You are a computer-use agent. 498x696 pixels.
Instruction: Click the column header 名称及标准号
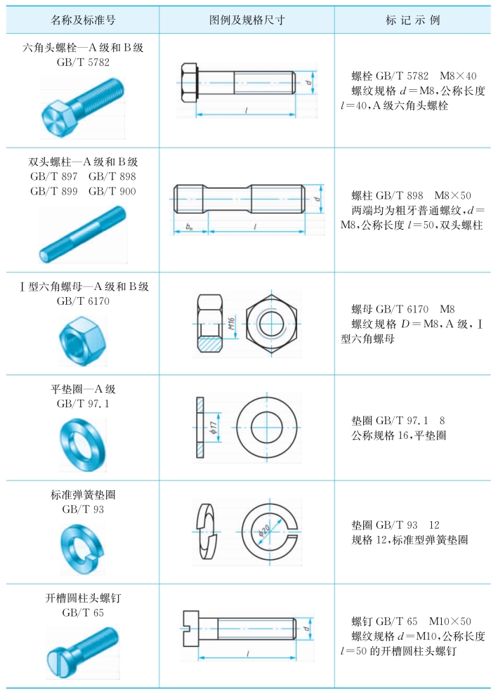tap(83, 20)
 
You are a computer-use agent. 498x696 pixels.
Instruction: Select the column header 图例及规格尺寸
tap(247, 20)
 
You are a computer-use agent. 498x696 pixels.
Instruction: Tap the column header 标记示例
tap(413, 20)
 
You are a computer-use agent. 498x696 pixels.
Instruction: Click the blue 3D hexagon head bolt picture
tap(83, 107)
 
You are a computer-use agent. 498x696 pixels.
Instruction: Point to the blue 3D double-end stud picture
tap(83, 235)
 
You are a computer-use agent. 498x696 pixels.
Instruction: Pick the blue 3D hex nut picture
tap(83, 341)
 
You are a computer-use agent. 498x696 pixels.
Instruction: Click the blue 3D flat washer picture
tap(83, 445)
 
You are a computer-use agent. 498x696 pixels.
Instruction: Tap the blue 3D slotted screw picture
tap(83, 652)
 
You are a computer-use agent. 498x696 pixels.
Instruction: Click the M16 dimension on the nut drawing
tap(231, 322)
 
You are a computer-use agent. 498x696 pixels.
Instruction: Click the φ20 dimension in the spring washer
tap(263, 531)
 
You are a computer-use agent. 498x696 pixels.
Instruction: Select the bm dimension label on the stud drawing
tap(190, 227)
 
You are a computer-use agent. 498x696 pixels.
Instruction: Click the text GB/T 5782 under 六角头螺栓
tap(83, 62)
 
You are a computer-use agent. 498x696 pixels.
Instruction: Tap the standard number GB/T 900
tap(112, 191)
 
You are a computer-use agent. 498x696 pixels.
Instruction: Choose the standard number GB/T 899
tap(53, 191)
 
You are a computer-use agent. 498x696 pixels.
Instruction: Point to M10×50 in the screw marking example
tap(450, 621)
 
